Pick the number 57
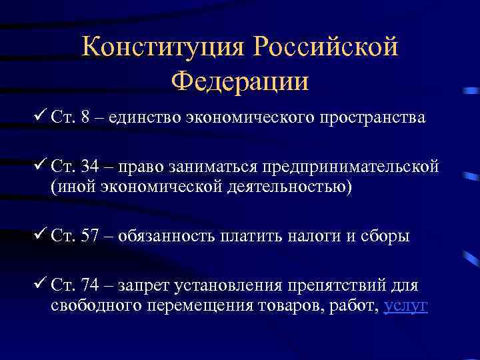(x=89, y=237)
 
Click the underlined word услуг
(x=406, y=305)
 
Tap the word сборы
(x=385, y=237)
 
